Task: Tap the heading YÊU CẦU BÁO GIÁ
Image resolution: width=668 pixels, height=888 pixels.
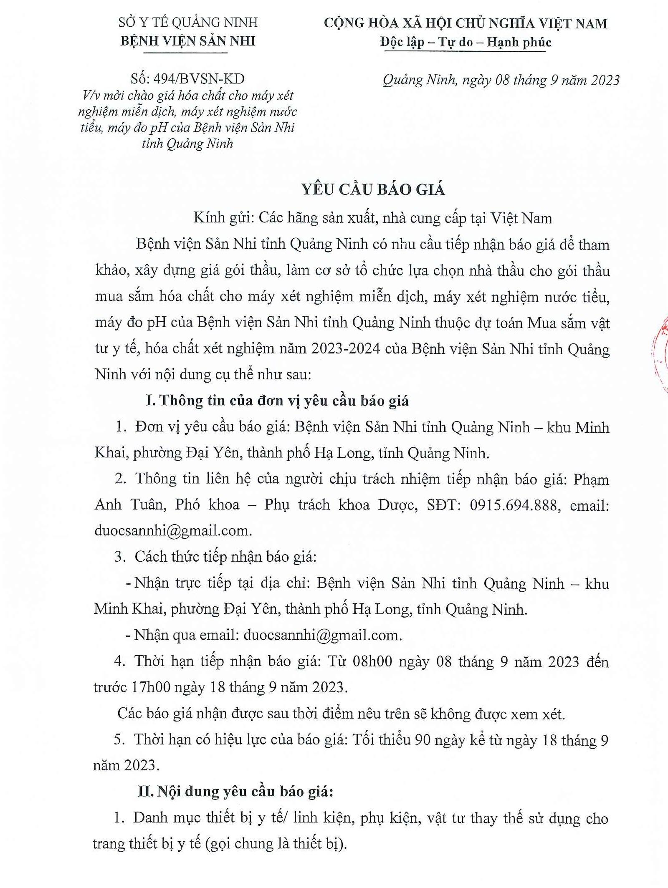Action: (x=373, y=190)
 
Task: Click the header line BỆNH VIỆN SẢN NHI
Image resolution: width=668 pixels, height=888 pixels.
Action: (x=187, y=41)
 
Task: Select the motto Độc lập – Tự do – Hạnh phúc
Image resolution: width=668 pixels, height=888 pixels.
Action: (x=466, y=42)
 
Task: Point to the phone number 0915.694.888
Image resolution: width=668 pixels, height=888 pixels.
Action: (x=514, y=505)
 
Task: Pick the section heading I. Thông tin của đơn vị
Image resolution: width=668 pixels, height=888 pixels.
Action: (x=277, y=401)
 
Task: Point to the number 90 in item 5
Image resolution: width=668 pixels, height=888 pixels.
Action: (x=423, y=740)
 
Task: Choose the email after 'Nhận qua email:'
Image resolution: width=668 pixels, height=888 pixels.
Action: (x=322, y=635)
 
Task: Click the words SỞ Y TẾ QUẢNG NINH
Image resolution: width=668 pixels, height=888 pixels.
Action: (x=188, y=22)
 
